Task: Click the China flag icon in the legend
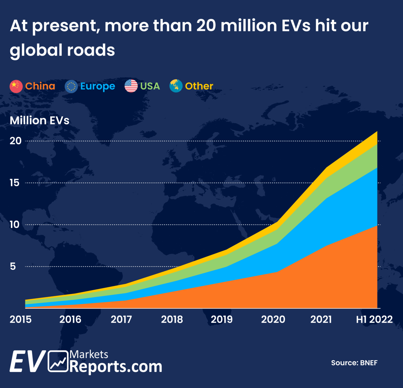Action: click(16, 86)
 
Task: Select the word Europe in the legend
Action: click(97, 86)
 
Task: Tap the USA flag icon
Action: click(131, 86)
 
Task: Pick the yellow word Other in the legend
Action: click(199, 86)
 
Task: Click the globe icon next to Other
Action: click(176, 86)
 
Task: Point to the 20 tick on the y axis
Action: click(16, 141)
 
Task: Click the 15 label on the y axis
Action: click(15, 183)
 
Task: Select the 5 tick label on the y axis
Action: click(13, 266)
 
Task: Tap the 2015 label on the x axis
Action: click(21, 319)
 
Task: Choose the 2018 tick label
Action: click(172, 319)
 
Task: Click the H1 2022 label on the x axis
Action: click(374, 319)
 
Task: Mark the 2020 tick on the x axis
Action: click(273, 319)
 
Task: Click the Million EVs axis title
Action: click(39, 121)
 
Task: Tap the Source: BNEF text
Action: click(354, 363)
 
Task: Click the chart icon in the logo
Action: click(58, 361)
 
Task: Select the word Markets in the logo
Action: click(89, 354)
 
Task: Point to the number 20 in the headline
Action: click(206, 26)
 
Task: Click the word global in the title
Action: click(36, 50)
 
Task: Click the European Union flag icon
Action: click(71, 86)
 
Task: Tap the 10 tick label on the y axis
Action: click(15, 225)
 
